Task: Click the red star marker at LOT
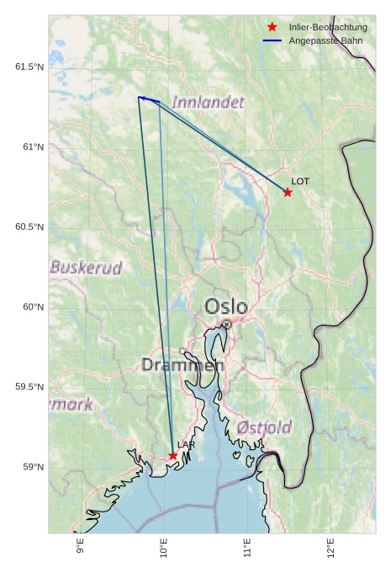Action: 288,193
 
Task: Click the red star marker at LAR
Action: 173,456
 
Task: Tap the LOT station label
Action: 300,181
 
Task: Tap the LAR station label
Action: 186,444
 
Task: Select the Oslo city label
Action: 226,305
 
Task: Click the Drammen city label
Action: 182,365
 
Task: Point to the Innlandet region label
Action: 209,103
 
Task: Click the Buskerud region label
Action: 86,268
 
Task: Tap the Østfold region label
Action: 264,427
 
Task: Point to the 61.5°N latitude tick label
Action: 29,67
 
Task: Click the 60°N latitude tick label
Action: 33,307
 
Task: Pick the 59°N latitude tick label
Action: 33,467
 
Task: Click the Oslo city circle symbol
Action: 226,324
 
